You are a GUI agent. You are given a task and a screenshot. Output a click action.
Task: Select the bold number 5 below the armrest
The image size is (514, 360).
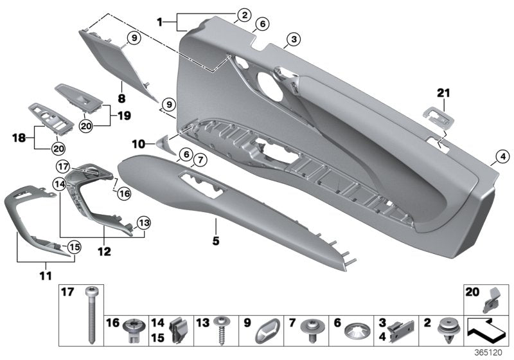[x=216, y=241]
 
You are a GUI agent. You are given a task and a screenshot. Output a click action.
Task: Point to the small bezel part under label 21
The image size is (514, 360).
[x=436, y=115]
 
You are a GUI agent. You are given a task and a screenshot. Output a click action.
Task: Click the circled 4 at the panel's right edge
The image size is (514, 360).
[x=502, y=155]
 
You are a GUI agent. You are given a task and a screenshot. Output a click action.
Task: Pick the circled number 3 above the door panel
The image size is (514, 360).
[x=293, y=40]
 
